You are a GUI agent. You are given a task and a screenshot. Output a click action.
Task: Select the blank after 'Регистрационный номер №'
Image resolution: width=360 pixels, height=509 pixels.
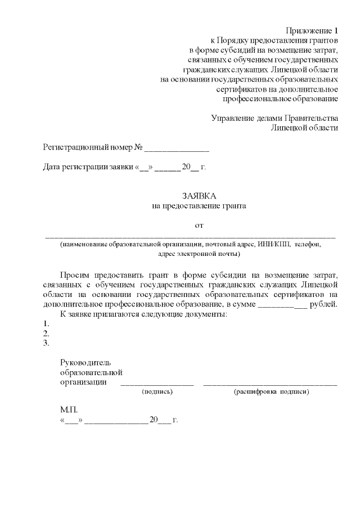click(177, 148)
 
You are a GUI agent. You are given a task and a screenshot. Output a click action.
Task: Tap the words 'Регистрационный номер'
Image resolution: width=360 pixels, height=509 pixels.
click(83, 147)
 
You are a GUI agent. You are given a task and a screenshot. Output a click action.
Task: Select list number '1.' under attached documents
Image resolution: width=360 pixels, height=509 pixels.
click(46, 323)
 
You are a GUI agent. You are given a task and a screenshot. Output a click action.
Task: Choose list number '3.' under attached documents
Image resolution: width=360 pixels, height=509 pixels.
click(46, 343)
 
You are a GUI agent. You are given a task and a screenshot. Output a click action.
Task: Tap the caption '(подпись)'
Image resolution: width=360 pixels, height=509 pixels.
click(157, 390)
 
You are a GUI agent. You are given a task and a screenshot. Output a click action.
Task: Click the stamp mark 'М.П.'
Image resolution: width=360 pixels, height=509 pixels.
click(68, 410)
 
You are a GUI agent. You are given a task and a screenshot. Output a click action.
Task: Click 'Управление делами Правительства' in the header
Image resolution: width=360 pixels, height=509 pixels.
click(274, 118)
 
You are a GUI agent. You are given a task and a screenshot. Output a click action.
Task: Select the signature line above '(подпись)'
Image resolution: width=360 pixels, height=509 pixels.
click(157, 384)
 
